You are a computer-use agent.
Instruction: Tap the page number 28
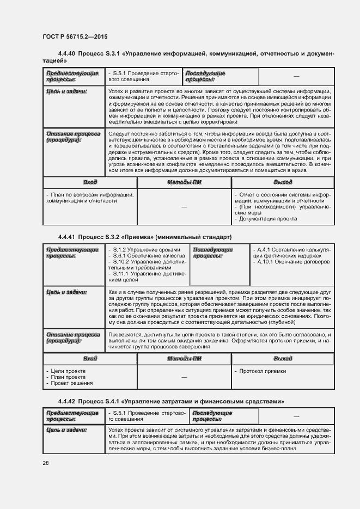click(46, 463)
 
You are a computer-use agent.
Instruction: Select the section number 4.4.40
click(66, 54)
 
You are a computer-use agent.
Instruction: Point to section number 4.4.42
click(66, 402)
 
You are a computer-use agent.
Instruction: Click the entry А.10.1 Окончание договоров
click(292, 262)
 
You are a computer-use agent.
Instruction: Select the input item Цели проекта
click(66, 371)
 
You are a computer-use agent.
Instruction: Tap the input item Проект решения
click(70, 383)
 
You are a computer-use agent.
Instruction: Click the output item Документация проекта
click(267, 219)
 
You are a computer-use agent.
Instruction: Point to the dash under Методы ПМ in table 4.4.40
click(184, 207)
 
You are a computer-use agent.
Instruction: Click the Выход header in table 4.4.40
click(283, 182)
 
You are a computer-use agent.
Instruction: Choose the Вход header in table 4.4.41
click(90, 359)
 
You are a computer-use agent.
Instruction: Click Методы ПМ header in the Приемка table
click(184, 359)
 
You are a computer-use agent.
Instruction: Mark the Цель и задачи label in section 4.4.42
click(66, 430)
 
